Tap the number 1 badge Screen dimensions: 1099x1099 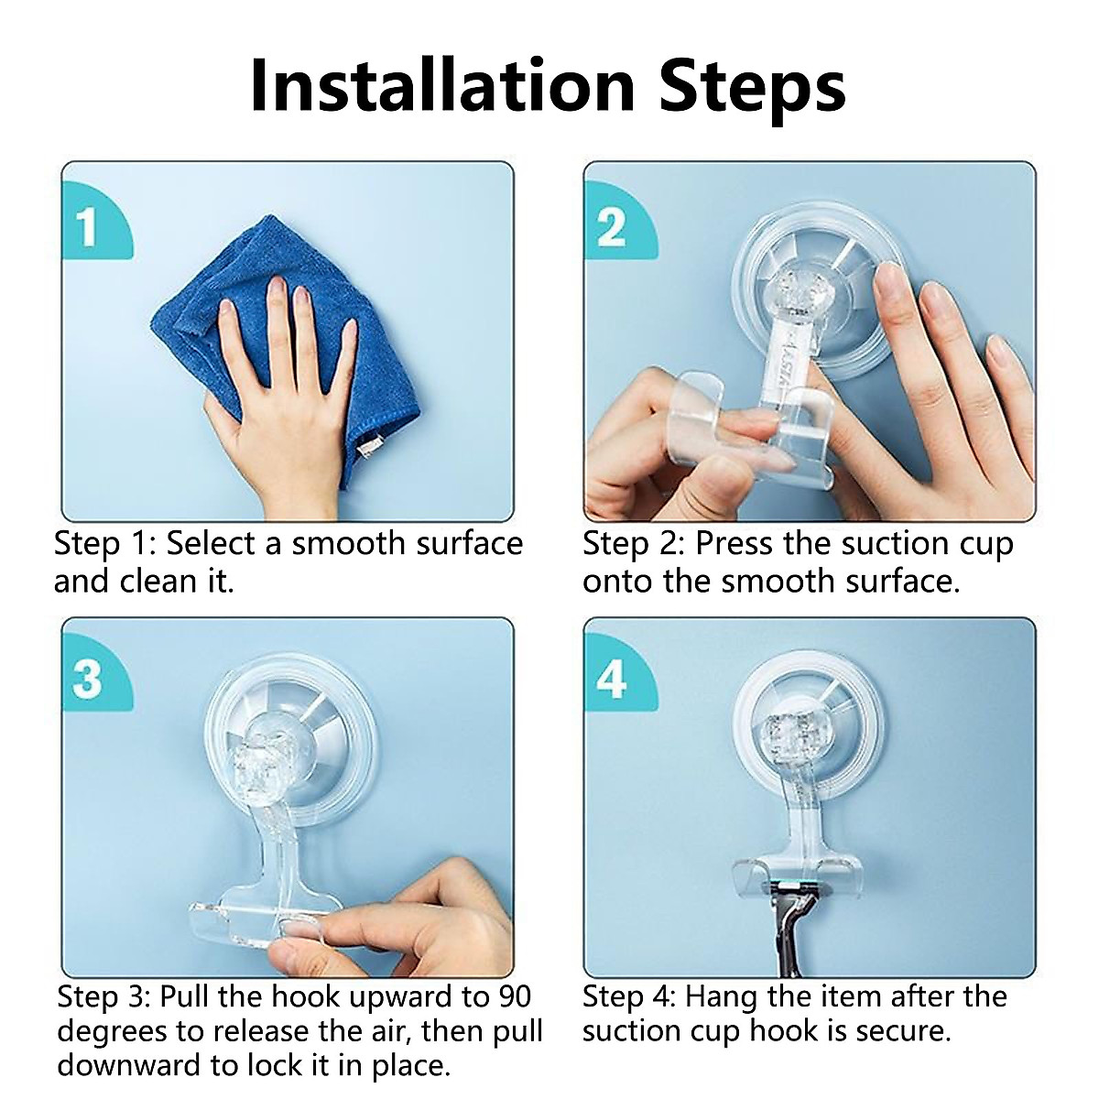click(x=88, y=227)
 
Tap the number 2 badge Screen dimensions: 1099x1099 click(x=612, y=227)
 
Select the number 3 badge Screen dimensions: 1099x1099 click(x=88, y=680)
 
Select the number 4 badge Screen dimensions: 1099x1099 click(x=612, y=680)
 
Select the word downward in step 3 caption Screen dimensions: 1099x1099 click(x=119, y=1065)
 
